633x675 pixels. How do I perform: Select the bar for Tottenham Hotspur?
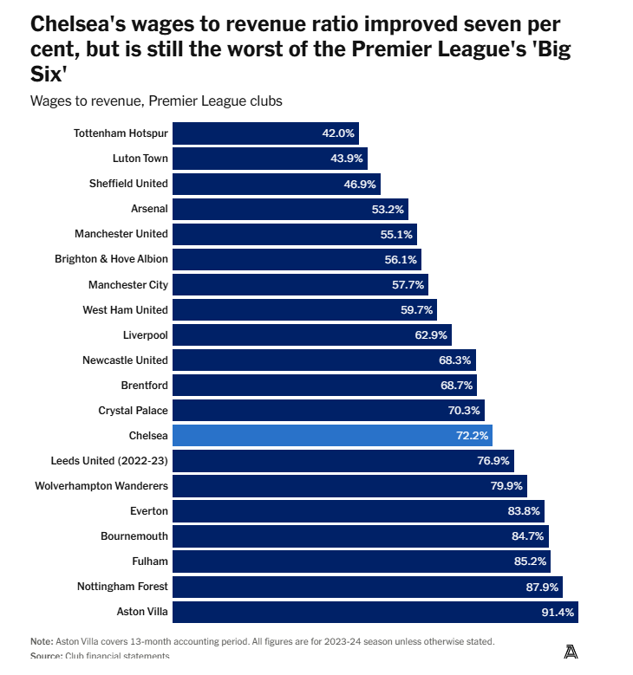pyautogui.click(x=265, y=133)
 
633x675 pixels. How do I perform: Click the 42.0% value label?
pyautogui.click(x=338, y=133)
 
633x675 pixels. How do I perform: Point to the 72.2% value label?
pyautogui.click(x=473, y=435)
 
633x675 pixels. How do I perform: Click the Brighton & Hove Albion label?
pyautogui.click(x=111, y=259)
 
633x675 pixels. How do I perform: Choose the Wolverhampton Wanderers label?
pyautogui.click(x=101, y=485)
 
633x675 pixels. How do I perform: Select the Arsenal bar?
pyautogui.click(x=290, y=209)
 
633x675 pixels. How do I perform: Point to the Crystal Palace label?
pyautogui.click(x=134, y=410)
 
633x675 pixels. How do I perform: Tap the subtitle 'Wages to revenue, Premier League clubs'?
pyautogui.click(x=156, y=101)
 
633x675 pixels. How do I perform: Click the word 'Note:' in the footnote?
pyautogui.click(x=42, y=641)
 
